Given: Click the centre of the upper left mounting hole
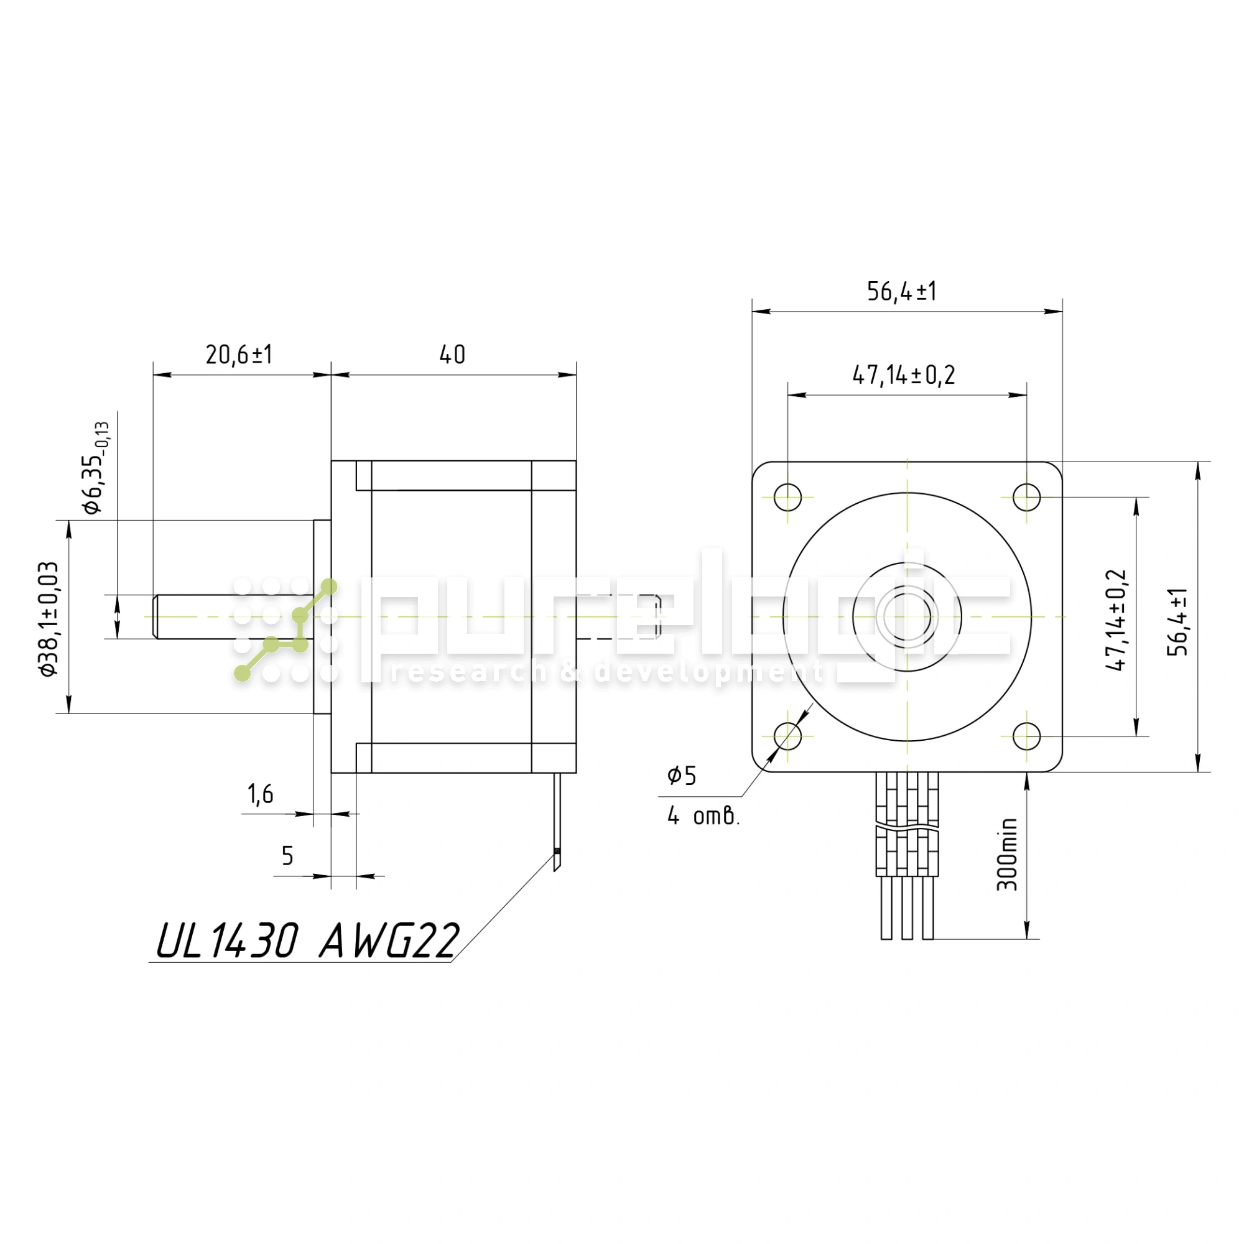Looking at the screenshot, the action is point(787,497).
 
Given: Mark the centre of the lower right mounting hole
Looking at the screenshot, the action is point(1026,736).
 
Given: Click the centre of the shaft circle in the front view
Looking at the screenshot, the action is point(907,617).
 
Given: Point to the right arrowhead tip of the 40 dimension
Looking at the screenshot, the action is point(577,374).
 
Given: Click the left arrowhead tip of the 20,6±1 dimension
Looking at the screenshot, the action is point(153,374).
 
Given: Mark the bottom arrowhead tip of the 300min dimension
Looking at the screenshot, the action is point(1026,939).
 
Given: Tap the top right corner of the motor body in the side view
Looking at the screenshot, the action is point(577,461).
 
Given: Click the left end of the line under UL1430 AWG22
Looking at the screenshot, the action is point(149,963).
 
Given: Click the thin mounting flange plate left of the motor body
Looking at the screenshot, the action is point(322,617).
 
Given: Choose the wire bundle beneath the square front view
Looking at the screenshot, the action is point(907,856).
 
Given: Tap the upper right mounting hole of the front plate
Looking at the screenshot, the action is point(1026,497).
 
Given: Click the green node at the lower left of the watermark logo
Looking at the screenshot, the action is point(242,674).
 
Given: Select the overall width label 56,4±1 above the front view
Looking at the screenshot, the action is point(901,292).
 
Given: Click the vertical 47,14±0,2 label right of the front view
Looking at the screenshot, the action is point(1116,620).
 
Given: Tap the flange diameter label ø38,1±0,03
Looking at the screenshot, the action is point(49,618).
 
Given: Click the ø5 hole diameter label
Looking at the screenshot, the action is point(682,775).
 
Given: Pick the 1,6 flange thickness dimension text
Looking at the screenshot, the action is point(261,794).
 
